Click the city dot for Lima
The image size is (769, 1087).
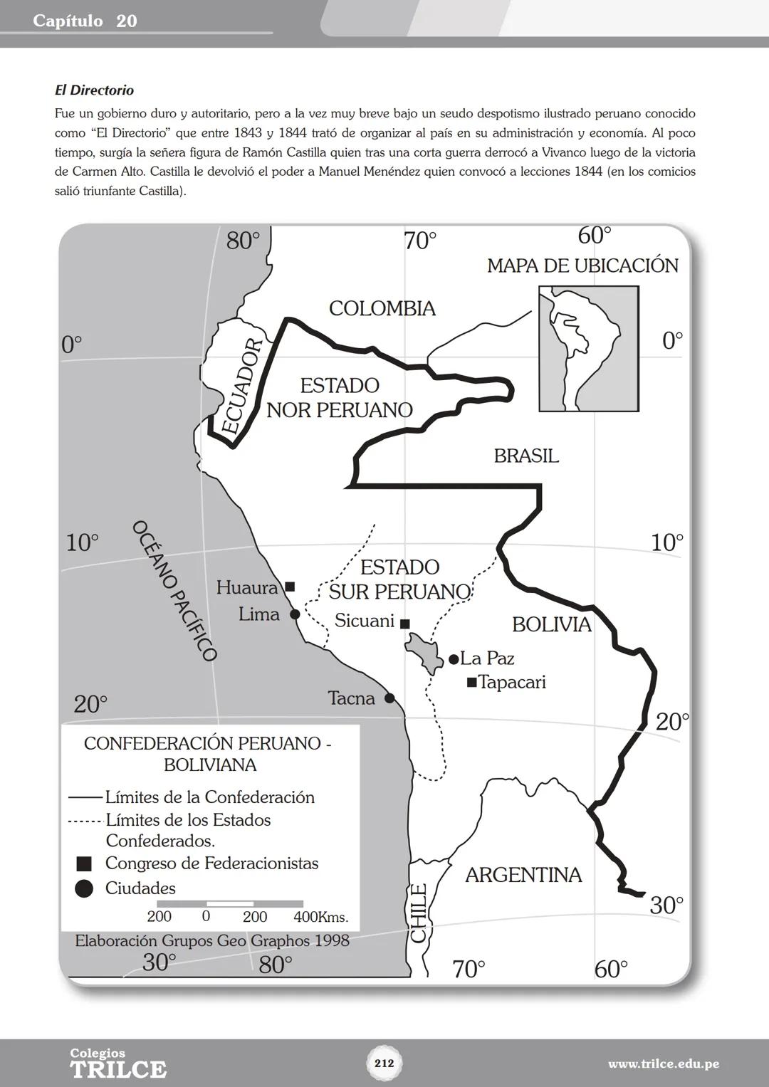(295, 614)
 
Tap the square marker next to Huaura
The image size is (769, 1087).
(290, 587)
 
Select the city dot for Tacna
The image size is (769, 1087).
(389, 698)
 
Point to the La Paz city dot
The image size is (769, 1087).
(454, 660)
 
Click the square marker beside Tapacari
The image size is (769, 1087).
(471, 683)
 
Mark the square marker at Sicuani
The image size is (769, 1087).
(404, 624)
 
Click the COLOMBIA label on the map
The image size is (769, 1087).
(382, 308)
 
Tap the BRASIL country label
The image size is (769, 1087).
(526, 456)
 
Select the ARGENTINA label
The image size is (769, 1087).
(523, 875)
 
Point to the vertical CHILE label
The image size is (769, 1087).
(419, 913)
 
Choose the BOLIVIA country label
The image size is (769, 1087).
(552, 624)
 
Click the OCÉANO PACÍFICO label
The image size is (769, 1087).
(174, 590)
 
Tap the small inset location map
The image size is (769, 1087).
(588, 349)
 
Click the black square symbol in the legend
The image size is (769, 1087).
(84, 864)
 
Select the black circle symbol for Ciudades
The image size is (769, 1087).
(84, 888)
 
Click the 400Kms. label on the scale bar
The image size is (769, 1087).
(320, 917)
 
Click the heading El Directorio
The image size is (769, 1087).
(94, 90)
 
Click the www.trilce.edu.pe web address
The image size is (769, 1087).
(663, 1064)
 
